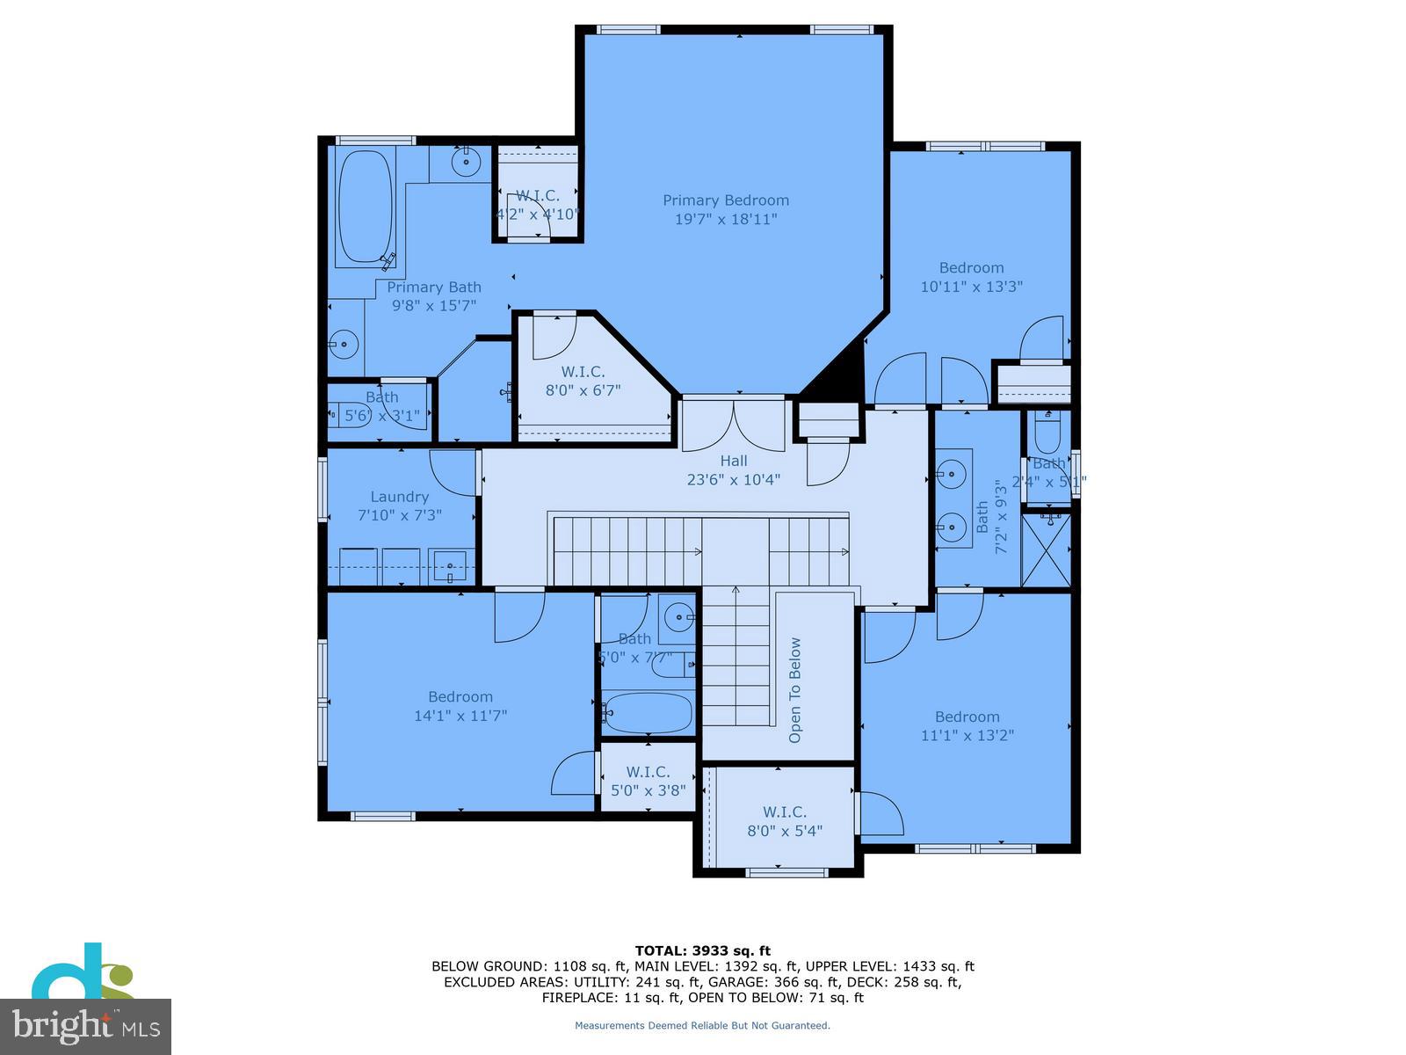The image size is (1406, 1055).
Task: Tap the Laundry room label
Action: [x=399, y=497]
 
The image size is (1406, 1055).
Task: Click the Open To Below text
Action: [x=795, y=689]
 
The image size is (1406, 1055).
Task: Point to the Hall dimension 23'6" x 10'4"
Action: [x=733, y=480]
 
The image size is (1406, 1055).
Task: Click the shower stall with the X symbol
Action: [x=1047, y=549]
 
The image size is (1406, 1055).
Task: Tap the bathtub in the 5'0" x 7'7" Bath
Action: [x=649, y=712]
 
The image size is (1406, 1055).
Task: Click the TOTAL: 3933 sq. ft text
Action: [x=702, y=950]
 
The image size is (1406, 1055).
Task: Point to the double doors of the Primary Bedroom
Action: [x=734, y=424]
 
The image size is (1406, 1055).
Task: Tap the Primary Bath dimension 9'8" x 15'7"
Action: [x=434, y=306]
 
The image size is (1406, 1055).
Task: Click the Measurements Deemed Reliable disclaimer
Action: [x=702, y=1025]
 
